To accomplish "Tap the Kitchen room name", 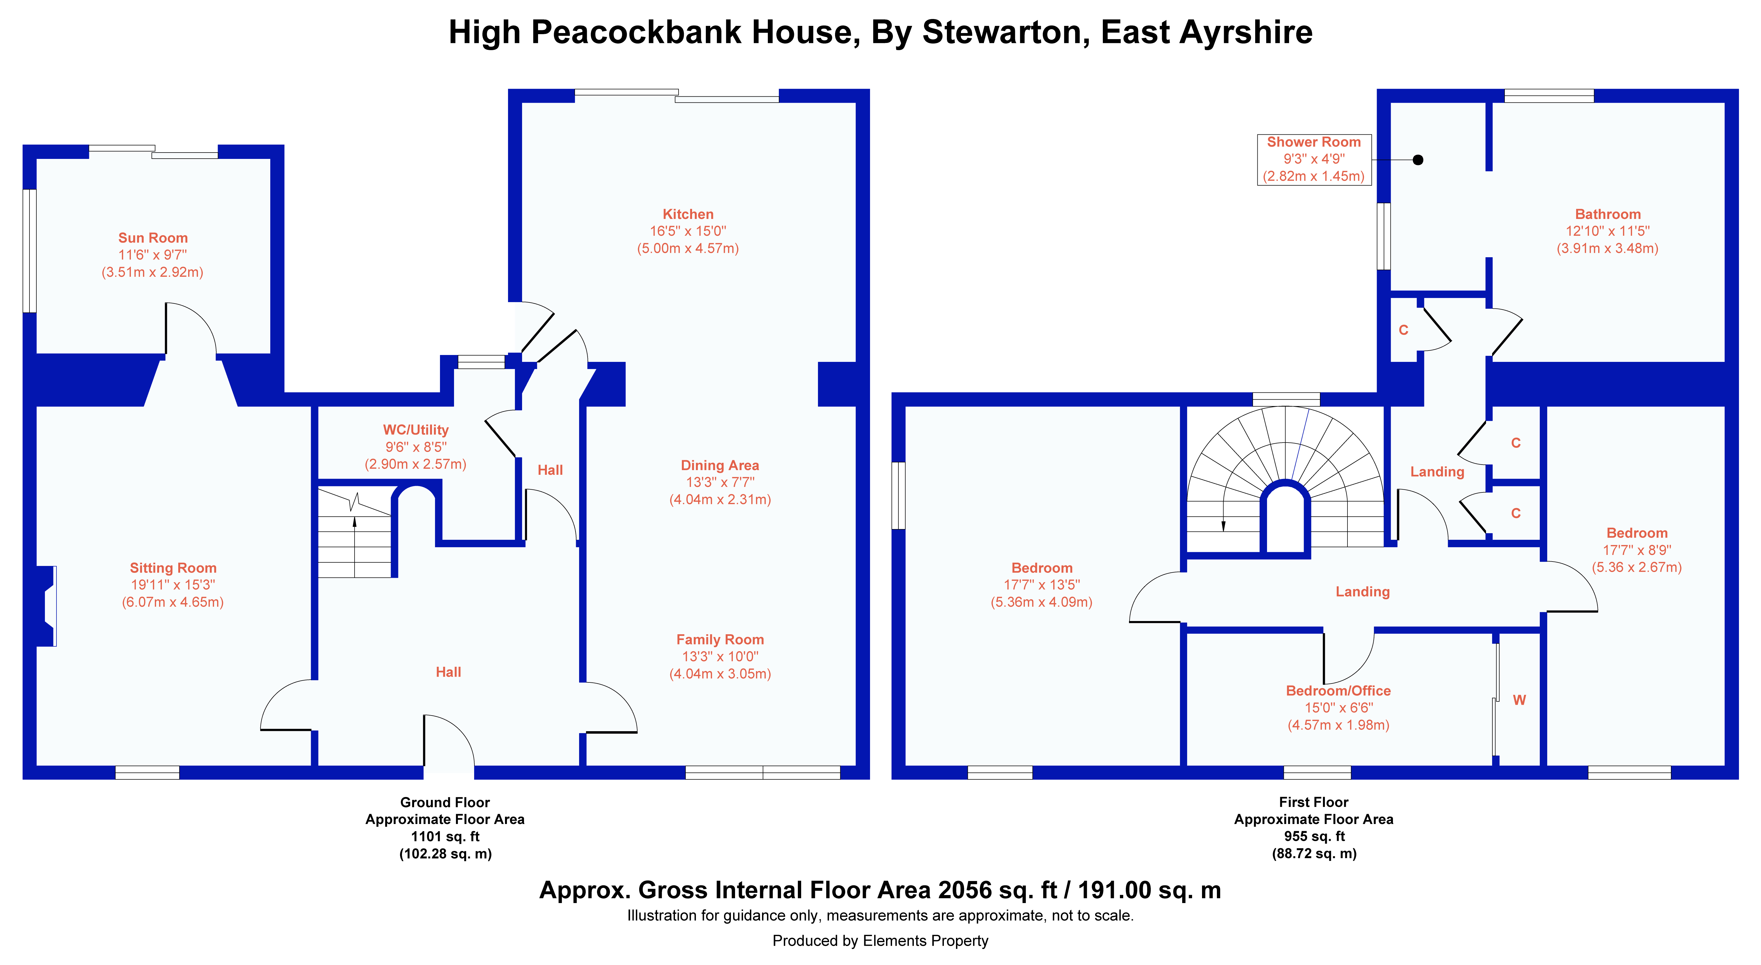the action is [688, 214].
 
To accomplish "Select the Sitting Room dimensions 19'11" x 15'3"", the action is [173, 585].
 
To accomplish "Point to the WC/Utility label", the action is [416, 430].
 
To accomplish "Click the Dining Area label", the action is [720, 465].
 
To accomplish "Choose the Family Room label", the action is [720, 640].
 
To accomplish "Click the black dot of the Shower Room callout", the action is [1418, 160].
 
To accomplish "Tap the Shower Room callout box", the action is [1314, 159].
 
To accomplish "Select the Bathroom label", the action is [1608, 214].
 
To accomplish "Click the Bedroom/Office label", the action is [1339, 691].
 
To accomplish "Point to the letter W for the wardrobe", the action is [1519, 700].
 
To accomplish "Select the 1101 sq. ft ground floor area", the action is [445, 836].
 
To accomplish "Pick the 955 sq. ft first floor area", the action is [1314, 836].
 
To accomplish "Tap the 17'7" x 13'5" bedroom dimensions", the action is [1042, 585].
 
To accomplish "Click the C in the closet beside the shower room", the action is [1403, 330].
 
